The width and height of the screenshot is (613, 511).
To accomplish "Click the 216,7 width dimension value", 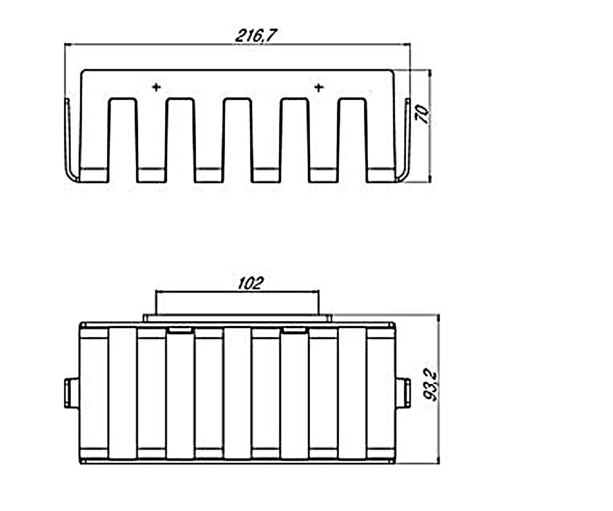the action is [256, 36].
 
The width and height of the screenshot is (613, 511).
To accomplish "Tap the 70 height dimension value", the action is [422, 114].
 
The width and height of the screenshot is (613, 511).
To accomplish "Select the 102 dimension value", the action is [250, 284].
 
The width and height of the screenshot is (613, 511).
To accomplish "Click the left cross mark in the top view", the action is [156, 87].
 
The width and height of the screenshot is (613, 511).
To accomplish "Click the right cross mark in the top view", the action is [319, 87].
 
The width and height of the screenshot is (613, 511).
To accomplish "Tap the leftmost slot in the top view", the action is [123, 140].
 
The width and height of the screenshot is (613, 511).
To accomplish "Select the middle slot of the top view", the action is [238, 140].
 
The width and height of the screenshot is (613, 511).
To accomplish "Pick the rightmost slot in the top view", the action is [352, 140].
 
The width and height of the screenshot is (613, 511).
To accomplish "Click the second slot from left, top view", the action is [180, 140].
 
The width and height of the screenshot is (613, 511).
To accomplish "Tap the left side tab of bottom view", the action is [72, 393].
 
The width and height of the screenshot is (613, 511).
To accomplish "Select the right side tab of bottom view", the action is [403, 393].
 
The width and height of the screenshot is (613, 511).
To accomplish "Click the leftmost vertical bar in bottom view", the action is [123, 393].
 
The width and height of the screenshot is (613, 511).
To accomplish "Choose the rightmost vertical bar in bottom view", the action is [352, 393].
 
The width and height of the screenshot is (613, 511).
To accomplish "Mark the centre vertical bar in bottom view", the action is [238, 393].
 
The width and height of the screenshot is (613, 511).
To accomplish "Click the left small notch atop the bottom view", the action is [180, 331].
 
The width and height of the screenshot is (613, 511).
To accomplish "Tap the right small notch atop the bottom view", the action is [295, 331].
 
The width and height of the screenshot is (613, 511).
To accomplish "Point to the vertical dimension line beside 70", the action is [431, 126].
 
